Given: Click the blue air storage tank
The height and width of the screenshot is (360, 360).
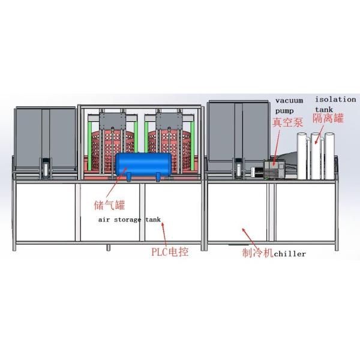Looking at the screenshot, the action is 142,164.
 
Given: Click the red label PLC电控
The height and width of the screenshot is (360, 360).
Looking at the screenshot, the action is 169,253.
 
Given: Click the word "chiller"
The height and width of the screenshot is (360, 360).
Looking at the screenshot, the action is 289,254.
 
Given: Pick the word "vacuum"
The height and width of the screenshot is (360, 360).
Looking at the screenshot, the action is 289,100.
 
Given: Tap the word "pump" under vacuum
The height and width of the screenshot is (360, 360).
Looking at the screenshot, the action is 285,110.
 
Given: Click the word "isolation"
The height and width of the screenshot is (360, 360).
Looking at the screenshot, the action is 335,99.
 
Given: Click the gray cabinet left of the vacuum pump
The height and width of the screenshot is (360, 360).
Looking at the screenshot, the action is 234,135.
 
